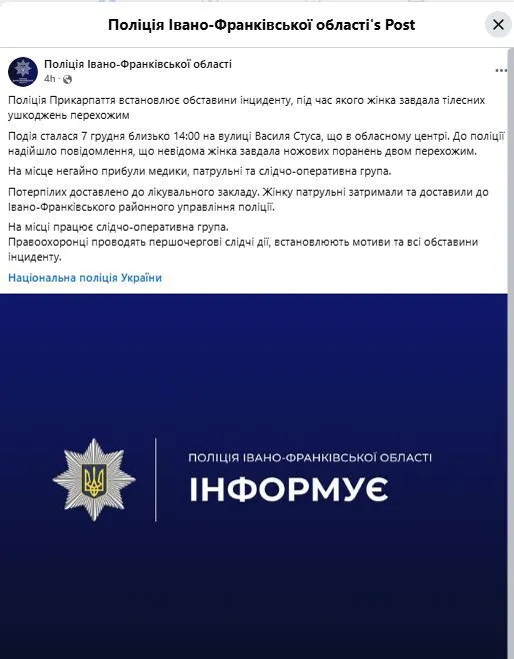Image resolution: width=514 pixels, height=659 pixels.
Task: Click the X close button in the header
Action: pyautogui.click(x=496, y=24)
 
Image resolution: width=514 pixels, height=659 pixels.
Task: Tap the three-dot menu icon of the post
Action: pyautogui.click(x=501, y=70)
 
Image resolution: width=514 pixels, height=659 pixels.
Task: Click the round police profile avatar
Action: pyautogui.click(x=23, y=71)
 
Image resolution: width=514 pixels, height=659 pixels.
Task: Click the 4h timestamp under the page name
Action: pyautogui.click(x=50, y=78)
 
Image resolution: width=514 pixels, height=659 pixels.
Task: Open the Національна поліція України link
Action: pyautogui.click(x=84, y=278)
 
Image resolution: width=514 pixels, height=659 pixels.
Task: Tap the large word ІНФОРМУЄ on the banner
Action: pyautogui.click(x=289, y=490)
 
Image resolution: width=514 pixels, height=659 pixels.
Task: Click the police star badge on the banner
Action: pyautogui.click(x=94, y=478)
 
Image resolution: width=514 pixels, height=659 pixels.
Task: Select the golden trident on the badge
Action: pyautogui.click(x=94, y=479)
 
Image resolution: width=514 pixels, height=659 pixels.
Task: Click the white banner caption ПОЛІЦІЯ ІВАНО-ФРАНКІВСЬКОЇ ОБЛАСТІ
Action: pyautogui.click(x=310, y=457)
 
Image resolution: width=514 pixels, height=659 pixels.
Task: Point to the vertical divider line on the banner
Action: pyautogui.click(x=156, y=478)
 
